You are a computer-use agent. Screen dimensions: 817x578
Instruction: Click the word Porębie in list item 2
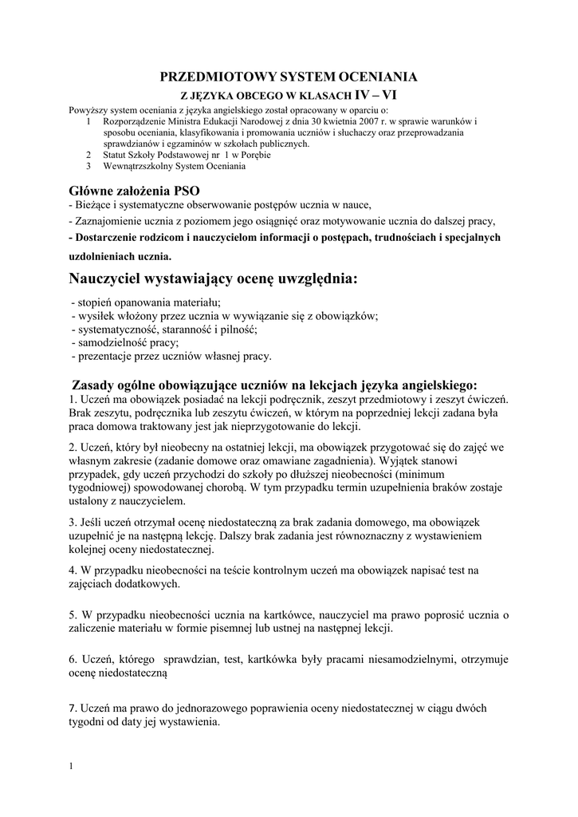(x=254, y=155)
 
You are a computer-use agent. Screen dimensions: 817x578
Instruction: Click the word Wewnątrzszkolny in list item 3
(x=135, y=166)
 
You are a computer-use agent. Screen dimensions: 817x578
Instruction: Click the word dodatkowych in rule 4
(x=150, y=583)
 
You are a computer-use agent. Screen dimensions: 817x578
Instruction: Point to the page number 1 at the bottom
(x=71, y=767)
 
